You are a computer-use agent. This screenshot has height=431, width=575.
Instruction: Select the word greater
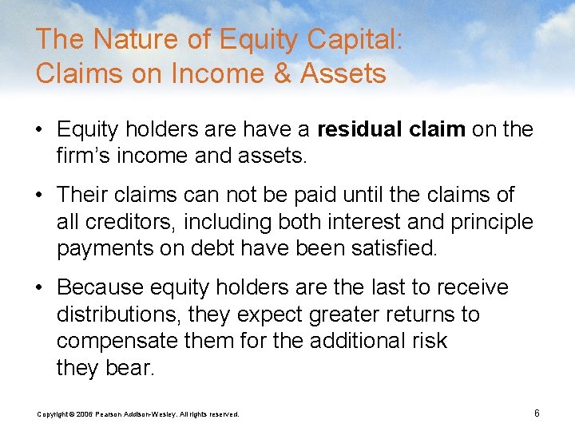[x=326, y=314]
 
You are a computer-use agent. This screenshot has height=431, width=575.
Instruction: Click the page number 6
[x=537, y=413]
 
